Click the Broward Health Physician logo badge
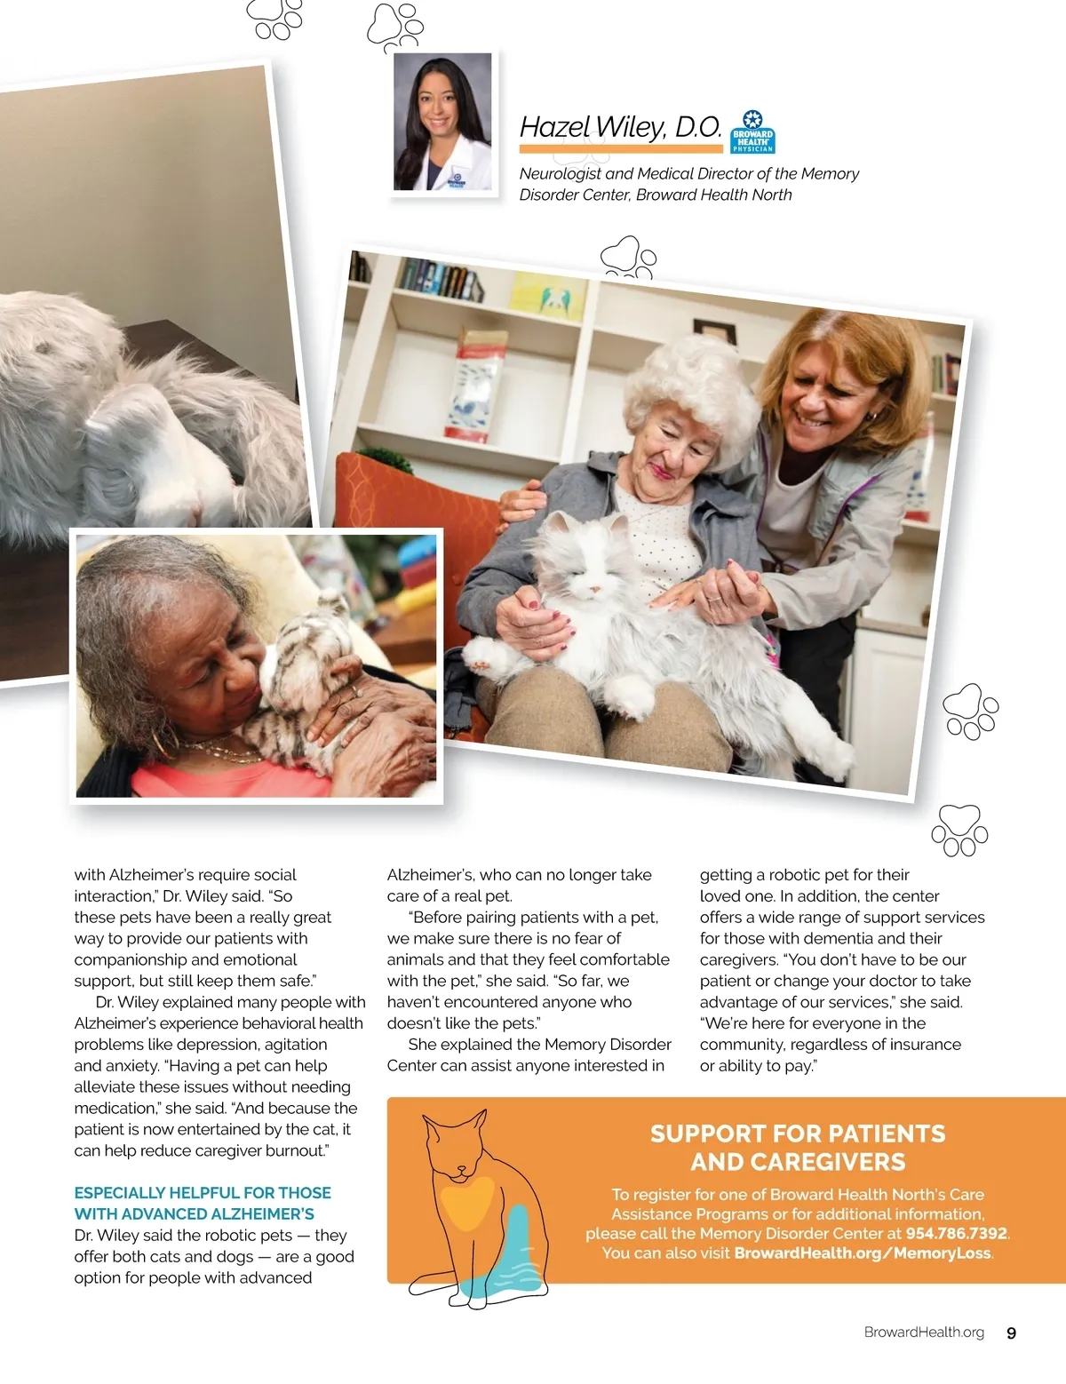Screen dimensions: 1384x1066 [x=752, y=132]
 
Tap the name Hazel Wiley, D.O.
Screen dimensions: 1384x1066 [x=620, y=127]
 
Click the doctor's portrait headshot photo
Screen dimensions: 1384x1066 [x=442, y=122]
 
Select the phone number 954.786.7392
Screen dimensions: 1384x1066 [x=956, y=1233]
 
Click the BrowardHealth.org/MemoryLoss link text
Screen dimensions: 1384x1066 [x=862, y=1253]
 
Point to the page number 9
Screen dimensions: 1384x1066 [x=1011, y=1332]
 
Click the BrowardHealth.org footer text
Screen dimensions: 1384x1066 [x=924, y=1332]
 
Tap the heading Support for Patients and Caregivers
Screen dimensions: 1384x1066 [x=797, y=1148]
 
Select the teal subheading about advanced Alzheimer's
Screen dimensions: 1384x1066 [x=203, y=1203]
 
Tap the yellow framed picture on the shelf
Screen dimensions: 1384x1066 [x=548, y=294]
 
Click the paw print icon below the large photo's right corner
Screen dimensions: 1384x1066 [x=959, y=830]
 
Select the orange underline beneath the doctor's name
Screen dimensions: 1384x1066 [x=620, y=148]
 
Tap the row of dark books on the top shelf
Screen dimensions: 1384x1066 [x=440, y=279]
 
